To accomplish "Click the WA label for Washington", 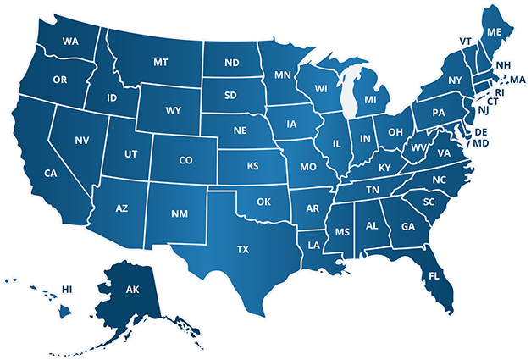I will (70, 41).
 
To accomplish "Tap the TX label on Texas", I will (243, 249).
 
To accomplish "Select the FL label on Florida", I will (434, 276).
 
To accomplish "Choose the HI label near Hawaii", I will (68, 289).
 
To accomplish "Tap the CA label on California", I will (50, 173).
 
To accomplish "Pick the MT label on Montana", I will (160, 62).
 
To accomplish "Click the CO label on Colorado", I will (186, 159).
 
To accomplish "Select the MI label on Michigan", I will (370, 100).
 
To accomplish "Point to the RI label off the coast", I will (500, 91).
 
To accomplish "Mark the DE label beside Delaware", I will (480, 132).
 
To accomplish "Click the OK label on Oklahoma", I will (263, 202).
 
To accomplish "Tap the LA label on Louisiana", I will (314, 246).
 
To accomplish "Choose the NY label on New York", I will (455, 80).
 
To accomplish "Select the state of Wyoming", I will (174, 109).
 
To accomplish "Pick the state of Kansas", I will (252, 166).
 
